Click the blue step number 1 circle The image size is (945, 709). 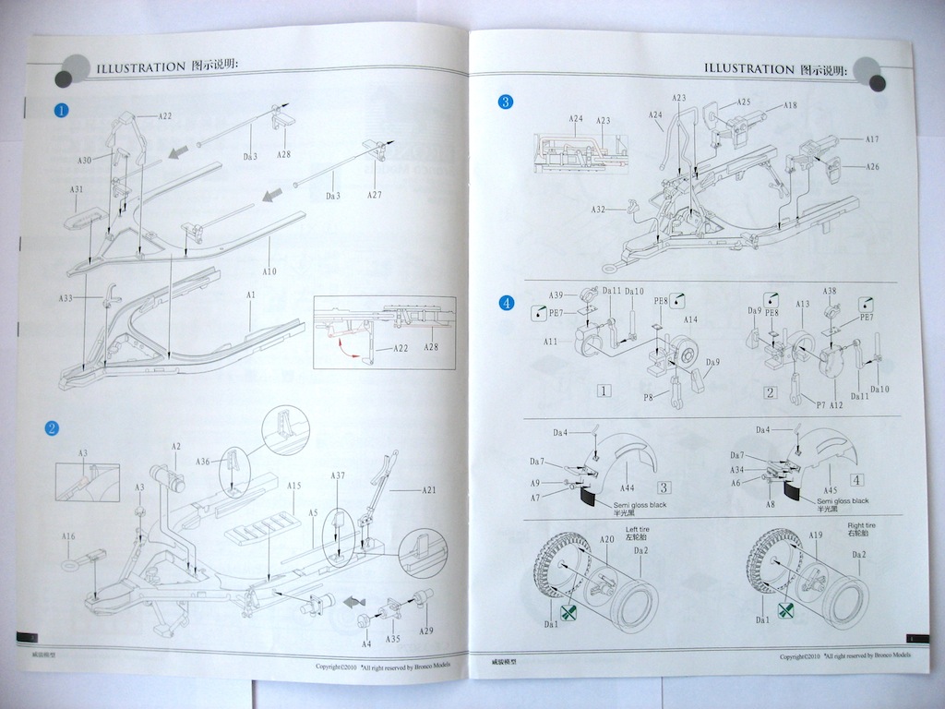coord(62,110)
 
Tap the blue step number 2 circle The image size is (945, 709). coord(53,427)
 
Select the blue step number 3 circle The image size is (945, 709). coord(505,102)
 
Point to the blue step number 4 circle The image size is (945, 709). coord(506,302)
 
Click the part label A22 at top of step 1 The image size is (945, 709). coord(165,116)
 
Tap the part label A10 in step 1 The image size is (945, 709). coord(269,271)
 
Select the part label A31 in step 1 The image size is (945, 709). coord(77,189)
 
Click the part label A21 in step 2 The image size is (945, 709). coord(429,490)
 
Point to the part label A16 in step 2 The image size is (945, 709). coord(68,536)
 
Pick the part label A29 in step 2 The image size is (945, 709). coord(425,631)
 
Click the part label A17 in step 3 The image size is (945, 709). coord(872,139)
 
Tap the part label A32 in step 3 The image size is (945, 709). coord(599,210)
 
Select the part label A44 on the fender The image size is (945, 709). coord(627,487)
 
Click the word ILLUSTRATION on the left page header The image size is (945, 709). coord(142,67)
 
